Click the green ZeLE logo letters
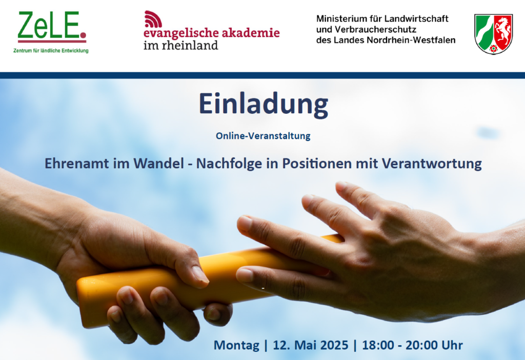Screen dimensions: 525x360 click(49, 25)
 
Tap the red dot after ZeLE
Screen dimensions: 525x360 click(84, 35)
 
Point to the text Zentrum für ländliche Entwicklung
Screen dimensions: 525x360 click(51, 51)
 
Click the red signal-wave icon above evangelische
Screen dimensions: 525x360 click(153, 19)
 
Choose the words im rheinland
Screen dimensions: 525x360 click(181, 45)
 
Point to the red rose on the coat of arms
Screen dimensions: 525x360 click(494, 49)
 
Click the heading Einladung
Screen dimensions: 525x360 click(264, 105)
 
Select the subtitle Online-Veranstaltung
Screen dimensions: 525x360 click(263, 136)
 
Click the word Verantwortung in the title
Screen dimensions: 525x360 click(432, 164)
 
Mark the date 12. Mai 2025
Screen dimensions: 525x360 click(311, 345)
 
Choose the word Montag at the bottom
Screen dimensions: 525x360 click(236, 346)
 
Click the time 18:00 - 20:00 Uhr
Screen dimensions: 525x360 click(413, 345)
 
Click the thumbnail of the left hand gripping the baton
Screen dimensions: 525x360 click(200, 274)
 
